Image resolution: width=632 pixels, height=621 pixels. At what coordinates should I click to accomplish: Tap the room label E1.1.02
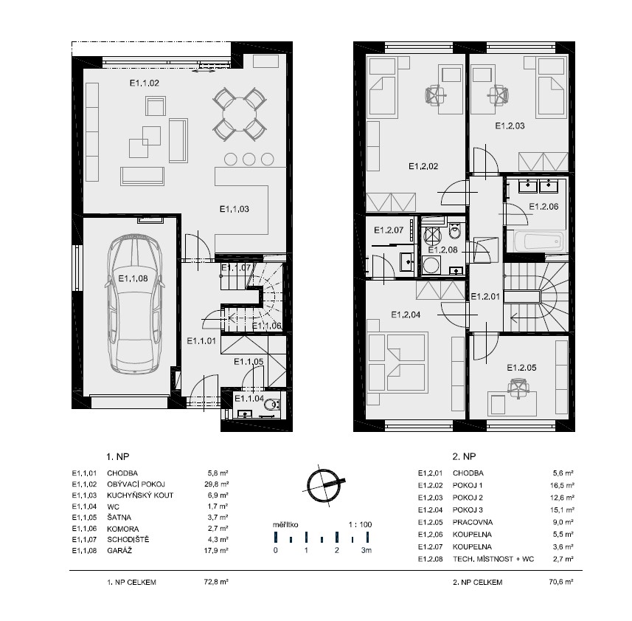click(145, 83)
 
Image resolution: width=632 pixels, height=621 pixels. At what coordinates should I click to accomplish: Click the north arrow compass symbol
click(323, 485)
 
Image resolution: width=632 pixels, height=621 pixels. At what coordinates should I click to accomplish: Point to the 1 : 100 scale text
click(360, 524)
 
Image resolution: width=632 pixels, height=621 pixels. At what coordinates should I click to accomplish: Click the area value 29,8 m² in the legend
click(217, 484)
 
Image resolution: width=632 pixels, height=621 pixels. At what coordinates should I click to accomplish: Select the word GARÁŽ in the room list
click(119, 550)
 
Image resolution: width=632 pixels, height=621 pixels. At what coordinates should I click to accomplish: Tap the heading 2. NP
click(464, 456)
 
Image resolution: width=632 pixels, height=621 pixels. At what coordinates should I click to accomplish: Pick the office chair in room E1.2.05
click(518, 388)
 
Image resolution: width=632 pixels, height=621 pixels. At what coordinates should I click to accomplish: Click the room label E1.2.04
click(406, 315)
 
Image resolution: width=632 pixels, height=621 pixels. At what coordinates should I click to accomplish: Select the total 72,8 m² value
click(217, 582)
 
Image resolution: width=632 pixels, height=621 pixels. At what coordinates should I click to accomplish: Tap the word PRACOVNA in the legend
click(473, 522)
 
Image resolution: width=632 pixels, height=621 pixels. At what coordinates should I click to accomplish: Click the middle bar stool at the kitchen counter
click(249, 159)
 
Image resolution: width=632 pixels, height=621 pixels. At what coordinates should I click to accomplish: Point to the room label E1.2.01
click(485, 297)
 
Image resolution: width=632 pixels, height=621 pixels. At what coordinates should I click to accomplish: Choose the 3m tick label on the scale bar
click(367, 550)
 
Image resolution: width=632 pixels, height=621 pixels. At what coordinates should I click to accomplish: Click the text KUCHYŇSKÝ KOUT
click(140, 495)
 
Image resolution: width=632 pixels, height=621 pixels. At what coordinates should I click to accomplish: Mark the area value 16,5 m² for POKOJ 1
click(562, 485)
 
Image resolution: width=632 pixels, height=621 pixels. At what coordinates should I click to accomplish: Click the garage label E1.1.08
click(133, 278)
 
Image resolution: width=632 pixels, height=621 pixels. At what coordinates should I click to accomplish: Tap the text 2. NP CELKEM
click(477, 583)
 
